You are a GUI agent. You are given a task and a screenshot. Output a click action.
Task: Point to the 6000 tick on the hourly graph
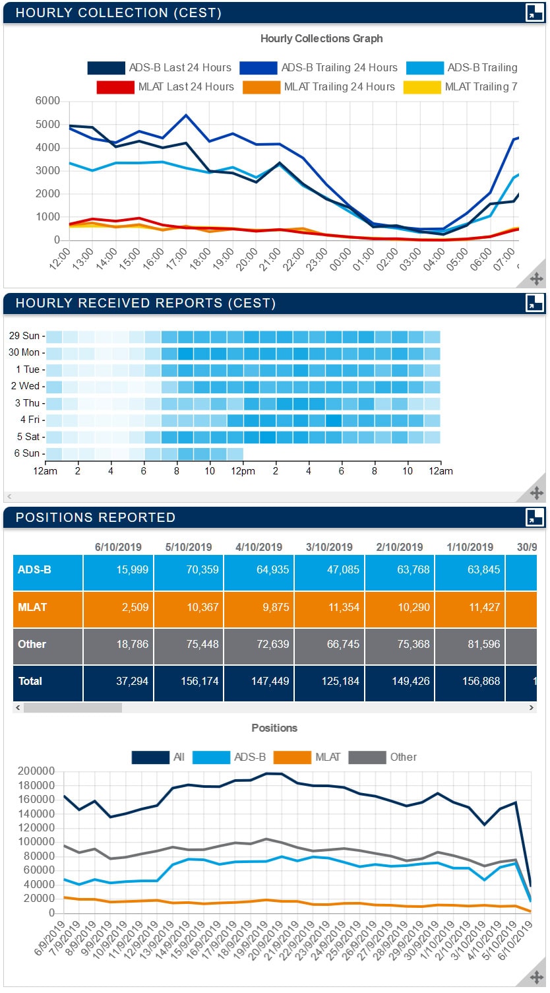(47, 101)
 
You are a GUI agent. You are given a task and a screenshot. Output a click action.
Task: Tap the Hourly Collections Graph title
(321, 38)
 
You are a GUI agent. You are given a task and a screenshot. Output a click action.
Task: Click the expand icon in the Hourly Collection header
(534, 13)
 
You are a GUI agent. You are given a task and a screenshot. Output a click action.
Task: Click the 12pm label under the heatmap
(243, 471)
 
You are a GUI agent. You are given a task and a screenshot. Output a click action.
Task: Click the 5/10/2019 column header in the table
(189, 547)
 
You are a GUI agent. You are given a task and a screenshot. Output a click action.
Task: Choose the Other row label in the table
(32, 644)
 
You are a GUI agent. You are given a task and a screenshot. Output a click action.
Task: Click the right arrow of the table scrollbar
(532, 707)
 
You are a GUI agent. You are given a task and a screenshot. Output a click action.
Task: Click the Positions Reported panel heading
(96, 517)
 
